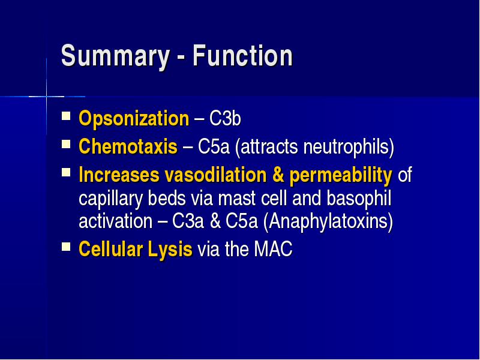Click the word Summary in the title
pyautogui.click(x=115, y=56)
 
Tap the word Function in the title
pyautogui.click(x=242, y=55)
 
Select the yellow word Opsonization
pyautogui.click(x=134, y=119)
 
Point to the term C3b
pyautogui.click(x=225, y=118)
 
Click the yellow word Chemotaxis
pyautogui.click(x=128, y=146)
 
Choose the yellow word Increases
pyautogui.click(x=119, y=175)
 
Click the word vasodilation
pyautogui.click(x=215, y=175)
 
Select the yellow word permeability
pyautogui.click(x=341, y=176)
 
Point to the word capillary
pyautogui.click(x=111, y=200)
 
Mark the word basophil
pyautogui.click(x=359, y=199)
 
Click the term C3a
pyautogui.click(x=188, y=221)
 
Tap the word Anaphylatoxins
pyautogui.click(x=328, y=221)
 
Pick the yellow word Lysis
pyautogui.click(x=170, y=250)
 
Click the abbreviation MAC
pyautogui.click(x=273, y=248)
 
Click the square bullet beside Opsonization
pyautogui.click(x=66, y=116)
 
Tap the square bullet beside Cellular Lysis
pyautogui.click(x=66, y=247)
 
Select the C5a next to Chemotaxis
pyautogui.click(x=214, y=146)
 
